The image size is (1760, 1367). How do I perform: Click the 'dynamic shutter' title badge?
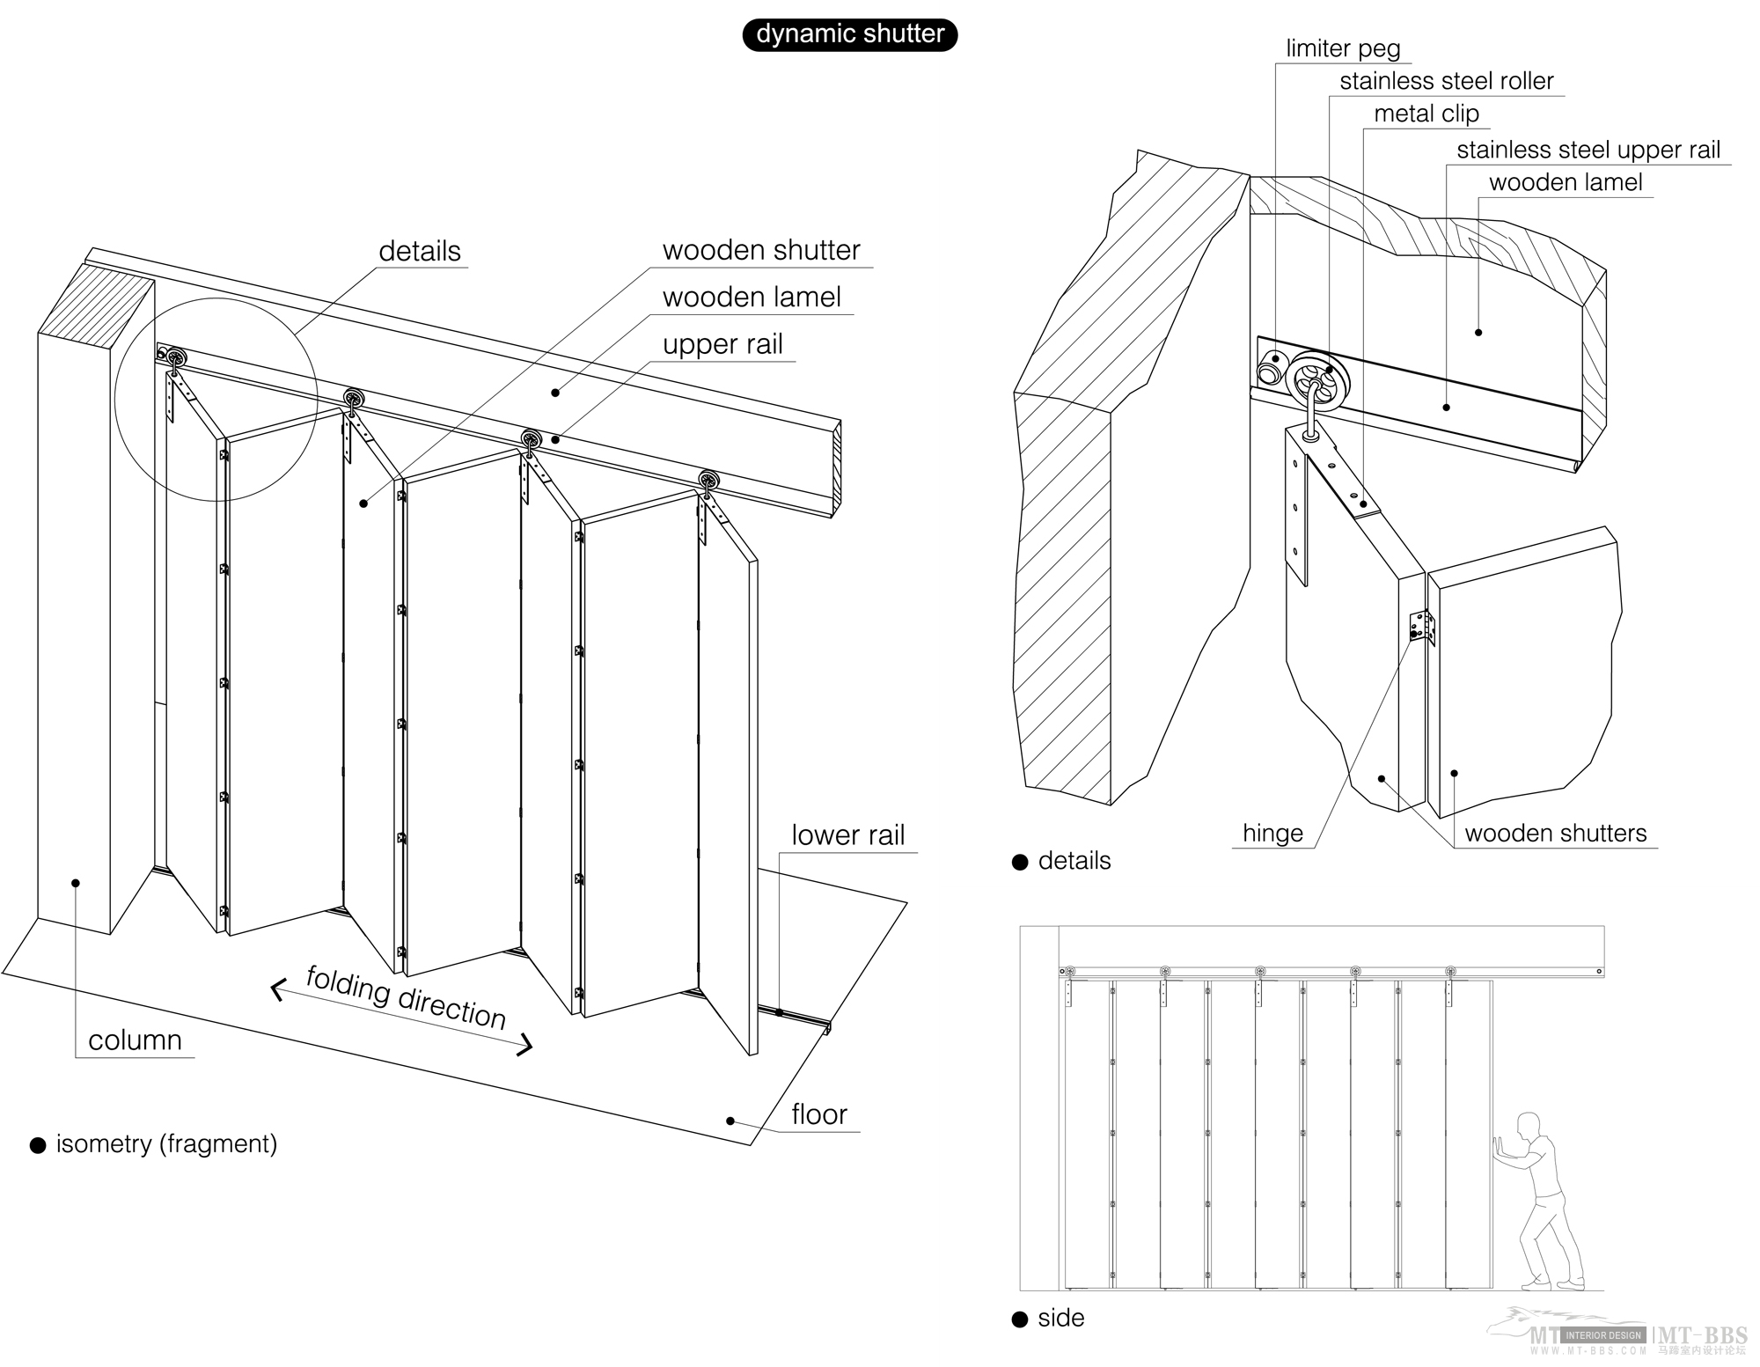pos(849,34)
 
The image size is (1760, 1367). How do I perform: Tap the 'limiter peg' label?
pos(1343,48)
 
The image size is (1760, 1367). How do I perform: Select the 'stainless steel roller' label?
pos(1446,82)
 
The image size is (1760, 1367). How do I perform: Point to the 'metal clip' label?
pos(1426,114)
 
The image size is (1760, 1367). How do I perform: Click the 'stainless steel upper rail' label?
pos(1588,151)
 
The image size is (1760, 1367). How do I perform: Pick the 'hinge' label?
pos(1272,834)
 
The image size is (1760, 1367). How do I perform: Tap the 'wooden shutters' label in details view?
pos(1555,834)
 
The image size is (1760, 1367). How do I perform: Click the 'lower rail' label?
pos(847,835)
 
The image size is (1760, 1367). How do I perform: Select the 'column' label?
pos(135,1040)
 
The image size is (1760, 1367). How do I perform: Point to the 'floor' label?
pos(818,1115)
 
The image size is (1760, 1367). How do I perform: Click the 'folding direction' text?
pos(406,998)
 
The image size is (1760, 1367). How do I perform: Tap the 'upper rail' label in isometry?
pos(722,345)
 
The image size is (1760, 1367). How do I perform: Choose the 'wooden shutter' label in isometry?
pos(761,251)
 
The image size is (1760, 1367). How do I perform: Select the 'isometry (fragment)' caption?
pos(166,1144)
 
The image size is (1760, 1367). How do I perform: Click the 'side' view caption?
pos(1060,1319)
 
